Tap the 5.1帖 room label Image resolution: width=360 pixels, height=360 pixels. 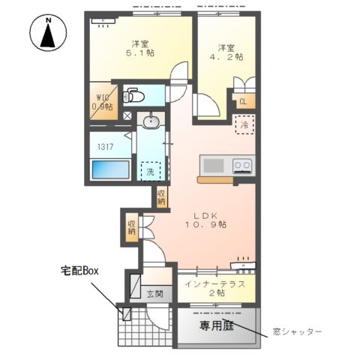point(139,49)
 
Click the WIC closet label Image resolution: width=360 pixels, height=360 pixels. point(102,101)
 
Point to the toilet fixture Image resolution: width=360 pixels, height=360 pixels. point(133,96)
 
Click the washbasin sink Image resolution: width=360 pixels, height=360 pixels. point(151,120)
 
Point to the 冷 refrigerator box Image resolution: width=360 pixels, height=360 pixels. point(244,124)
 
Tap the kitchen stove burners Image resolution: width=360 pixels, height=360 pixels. point(242,166)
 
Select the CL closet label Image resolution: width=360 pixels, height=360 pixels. point(243,103)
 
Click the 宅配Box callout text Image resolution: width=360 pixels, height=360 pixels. point(81,270)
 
